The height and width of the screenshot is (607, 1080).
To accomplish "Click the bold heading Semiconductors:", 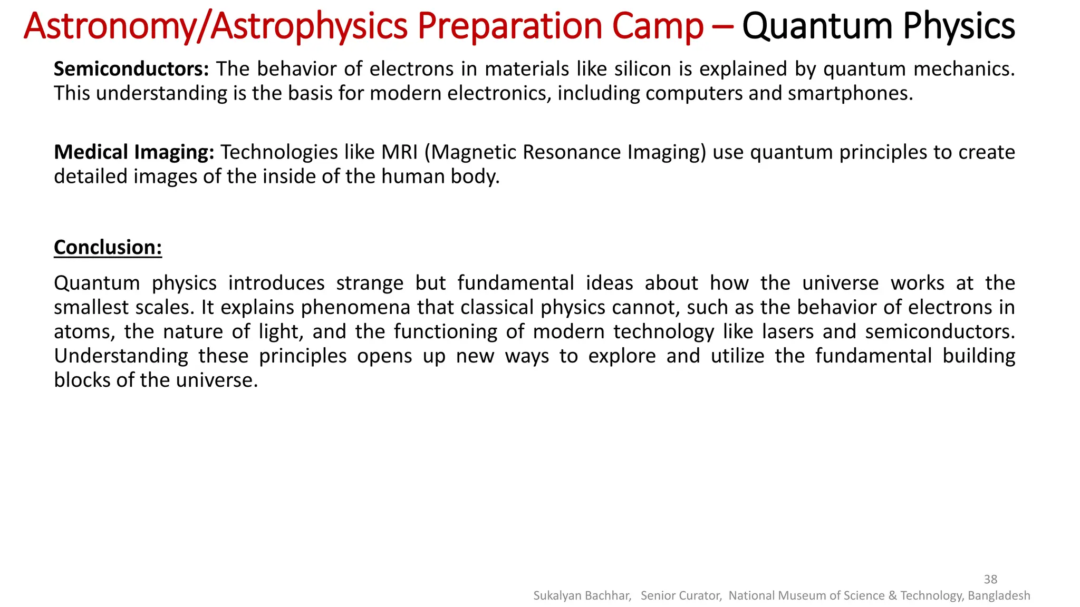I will tap(131, 69).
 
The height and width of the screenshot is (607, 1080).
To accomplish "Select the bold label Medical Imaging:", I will tap(134, 152).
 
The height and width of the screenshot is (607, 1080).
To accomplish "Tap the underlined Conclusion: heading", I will tap(108, 247).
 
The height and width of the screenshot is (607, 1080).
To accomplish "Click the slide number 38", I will tap(990, 579).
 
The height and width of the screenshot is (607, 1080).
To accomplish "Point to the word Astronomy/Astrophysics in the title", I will tap(216, 26).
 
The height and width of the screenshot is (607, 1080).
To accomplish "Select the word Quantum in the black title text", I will tap(817, 26).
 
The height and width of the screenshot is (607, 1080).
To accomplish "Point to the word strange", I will tap(370, 283).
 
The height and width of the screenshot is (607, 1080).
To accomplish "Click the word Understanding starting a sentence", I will tap(121, 356).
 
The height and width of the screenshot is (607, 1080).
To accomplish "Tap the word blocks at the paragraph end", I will tap(82, 380).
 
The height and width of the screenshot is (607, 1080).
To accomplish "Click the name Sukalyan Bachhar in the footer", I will tap(582, 595).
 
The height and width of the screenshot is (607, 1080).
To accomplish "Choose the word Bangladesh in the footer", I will tap(998, 595).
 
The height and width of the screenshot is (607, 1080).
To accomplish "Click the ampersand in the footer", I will tap(892, 595).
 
